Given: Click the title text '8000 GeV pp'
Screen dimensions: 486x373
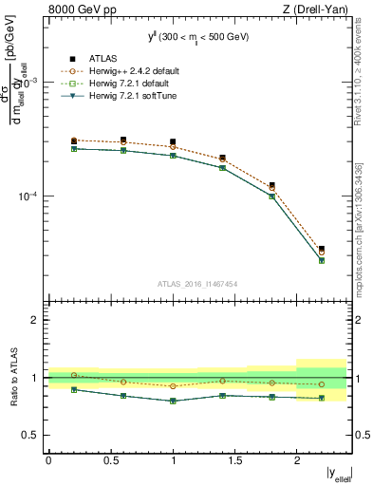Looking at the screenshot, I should pos(79,10).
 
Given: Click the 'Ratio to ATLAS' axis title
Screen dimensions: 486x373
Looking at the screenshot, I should pos(13,378).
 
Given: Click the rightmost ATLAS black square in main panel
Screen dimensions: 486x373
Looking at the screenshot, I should pos(322,249).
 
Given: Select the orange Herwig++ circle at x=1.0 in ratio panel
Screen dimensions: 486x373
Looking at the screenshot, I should pos(173,386).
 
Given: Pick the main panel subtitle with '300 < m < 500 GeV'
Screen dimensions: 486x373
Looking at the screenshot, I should pos(197,37).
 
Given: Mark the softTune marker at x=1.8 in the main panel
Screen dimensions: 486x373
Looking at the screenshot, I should pos(272,196).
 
